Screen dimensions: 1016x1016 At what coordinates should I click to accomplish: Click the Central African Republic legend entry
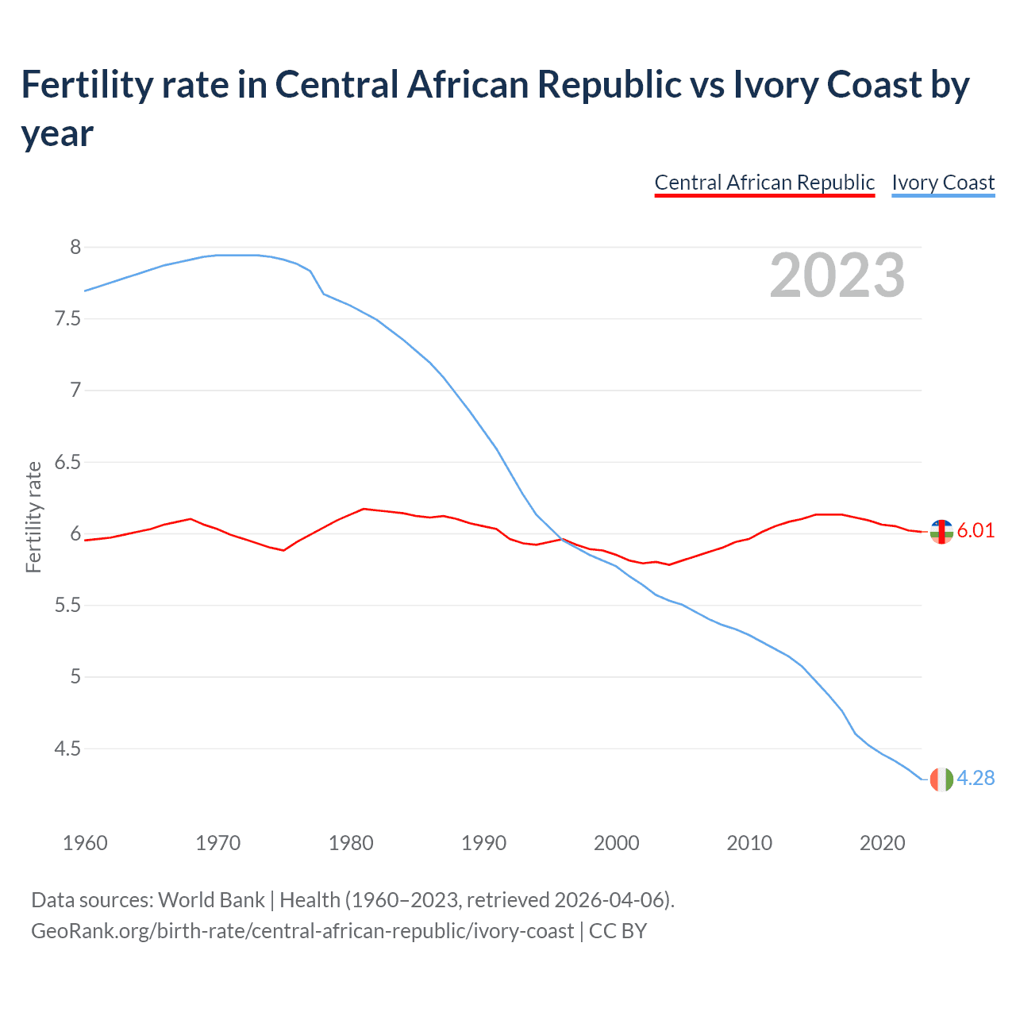tap(764, 183)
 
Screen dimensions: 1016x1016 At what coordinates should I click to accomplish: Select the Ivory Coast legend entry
tap(943, 183)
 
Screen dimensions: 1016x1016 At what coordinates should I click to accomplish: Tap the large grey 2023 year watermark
tap(837, 275)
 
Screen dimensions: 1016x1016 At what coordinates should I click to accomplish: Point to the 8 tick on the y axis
tap(75, 247)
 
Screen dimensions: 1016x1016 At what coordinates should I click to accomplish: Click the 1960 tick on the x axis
tap(85, 842)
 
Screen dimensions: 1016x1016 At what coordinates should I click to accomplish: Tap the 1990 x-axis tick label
tap(483, 842)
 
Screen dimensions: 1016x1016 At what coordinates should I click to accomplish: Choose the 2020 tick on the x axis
tap(882, 842)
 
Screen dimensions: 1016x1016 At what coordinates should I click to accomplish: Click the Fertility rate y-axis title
tap(33, 517)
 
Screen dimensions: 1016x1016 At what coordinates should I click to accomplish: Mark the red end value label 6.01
tap(976, 531)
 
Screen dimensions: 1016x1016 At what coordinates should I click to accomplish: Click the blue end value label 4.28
tap(976, 779)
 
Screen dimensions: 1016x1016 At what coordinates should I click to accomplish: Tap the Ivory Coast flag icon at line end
tap(941, 779)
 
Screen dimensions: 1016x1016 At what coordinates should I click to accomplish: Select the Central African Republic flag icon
tap(941, 532)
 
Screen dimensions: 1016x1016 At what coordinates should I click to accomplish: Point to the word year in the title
tap(57, 133)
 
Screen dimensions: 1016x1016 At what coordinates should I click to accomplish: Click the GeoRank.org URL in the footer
tap(302, 930)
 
